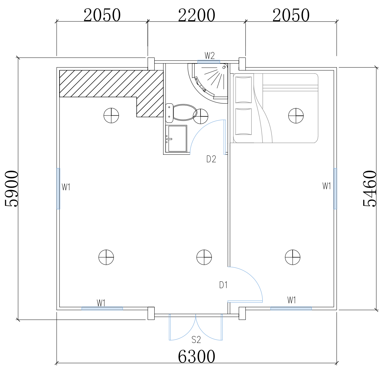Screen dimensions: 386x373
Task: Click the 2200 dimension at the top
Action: pos(197,15)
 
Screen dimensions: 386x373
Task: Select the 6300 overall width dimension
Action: pos(197,356)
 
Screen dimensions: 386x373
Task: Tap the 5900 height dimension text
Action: pos(12,189)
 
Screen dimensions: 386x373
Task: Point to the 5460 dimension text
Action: pos(370,189)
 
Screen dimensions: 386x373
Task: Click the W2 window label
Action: pos(210,56)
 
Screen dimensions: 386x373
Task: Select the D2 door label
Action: pos(211,159)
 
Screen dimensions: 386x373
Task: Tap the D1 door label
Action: pos(223,285)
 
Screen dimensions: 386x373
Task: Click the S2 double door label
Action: pos(196,340)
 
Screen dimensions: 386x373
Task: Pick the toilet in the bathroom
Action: pos(181,113)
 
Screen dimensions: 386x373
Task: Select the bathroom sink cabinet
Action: pos(176,139)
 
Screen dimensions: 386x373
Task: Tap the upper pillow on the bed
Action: pos(243,89)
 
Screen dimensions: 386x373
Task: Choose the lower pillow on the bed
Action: pos(243,122)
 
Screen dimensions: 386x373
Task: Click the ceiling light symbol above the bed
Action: pos(296,116)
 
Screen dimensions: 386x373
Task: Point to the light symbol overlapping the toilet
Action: pos(200,116)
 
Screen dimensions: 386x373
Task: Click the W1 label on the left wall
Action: pos(66,187)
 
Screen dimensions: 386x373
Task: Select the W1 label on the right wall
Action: pos(327,186)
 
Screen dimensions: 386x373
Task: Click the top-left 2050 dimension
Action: pos(102,15)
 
